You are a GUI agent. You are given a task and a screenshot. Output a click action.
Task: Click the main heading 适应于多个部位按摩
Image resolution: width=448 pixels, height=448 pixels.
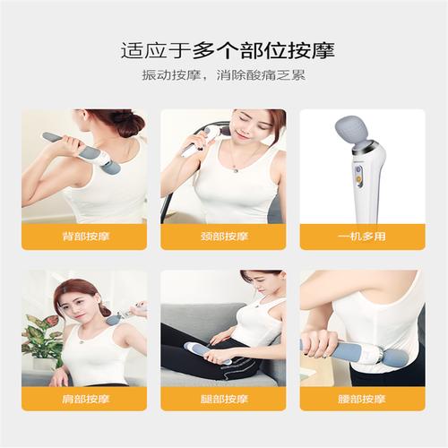(228, 50)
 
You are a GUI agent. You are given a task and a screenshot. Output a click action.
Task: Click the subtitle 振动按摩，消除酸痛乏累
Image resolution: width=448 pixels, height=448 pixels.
(224, 75)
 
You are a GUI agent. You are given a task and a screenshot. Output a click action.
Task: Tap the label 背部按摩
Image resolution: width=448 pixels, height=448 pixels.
(86, 237)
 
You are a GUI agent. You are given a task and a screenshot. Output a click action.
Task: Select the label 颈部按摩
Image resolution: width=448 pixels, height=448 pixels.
(224, 237)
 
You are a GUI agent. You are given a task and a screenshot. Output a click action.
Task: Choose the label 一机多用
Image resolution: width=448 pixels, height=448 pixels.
(362, 237)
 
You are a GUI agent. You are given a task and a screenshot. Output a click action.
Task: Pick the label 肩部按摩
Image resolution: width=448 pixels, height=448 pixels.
(85, 399)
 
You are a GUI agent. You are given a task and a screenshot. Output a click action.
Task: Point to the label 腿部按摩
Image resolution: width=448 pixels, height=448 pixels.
(224, 399)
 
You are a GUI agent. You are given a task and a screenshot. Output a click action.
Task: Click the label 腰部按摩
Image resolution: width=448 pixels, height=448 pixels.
(362, 399)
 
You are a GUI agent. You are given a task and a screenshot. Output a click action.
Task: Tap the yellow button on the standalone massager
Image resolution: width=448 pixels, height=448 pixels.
(358, 179)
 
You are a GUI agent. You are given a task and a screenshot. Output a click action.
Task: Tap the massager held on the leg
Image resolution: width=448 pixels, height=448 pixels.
(208, 354)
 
